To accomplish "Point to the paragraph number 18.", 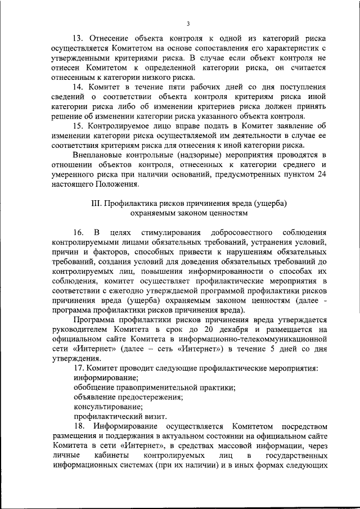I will [x=79, y=426].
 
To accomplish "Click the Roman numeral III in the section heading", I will [x=96, y=202].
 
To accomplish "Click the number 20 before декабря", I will [x=242, y=329].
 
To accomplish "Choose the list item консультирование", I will [x=105, y=407].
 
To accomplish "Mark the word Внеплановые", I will [x=98, y=155].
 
